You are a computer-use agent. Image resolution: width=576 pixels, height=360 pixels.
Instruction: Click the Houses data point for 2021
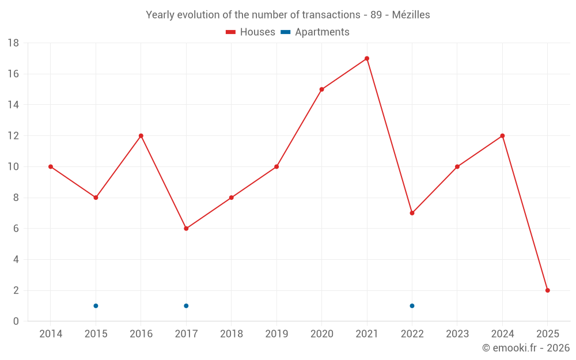[367, 58]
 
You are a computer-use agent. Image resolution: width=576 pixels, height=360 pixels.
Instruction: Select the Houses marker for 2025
[548, 290]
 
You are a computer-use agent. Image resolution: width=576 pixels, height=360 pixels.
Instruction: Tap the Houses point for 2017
[186, 229]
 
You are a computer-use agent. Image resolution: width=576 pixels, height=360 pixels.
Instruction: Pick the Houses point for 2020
[321, 89]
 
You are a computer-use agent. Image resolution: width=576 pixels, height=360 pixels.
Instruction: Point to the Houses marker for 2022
[412, 213]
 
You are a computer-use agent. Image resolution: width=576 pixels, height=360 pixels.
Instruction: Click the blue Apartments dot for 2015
[96, 306]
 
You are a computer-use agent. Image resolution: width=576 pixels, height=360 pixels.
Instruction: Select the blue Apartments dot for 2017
[186, 306]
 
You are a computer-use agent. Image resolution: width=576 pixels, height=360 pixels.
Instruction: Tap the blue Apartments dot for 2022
[412, 306]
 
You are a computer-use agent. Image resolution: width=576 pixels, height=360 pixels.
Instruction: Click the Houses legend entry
[251, 32]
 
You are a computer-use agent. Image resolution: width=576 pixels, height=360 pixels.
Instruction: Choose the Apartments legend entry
[315, 32]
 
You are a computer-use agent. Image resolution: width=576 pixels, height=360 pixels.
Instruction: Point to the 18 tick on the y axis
[13, 43]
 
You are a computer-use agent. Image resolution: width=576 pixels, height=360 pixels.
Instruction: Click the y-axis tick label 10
[13, 167]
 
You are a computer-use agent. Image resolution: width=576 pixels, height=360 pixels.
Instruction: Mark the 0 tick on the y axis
[16, 321]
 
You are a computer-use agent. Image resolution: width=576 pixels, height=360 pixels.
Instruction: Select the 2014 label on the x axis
[51, 334]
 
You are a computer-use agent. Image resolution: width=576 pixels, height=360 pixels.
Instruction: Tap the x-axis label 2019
[276, 334]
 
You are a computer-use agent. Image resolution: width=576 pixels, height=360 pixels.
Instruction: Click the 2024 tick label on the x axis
[502, 334]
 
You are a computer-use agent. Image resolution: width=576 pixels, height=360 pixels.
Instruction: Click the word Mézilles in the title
[411, 15]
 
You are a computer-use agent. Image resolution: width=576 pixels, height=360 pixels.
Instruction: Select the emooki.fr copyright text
[526, 348]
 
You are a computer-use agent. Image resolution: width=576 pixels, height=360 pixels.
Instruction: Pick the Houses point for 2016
[141, 136]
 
